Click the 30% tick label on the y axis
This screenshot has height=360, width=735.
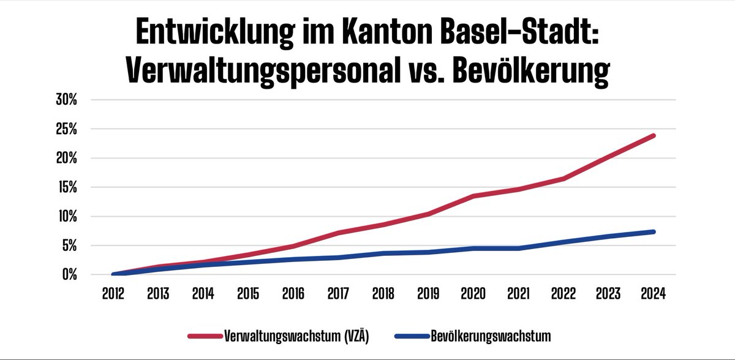[x=66, y=100]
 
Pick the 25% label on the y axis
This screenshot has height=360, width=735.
[x=66, y=129]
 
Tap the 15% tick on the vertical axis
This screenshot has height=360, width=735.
[x=66, y=187]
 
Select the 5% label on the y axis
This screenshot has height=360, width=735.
[x=68, y=246]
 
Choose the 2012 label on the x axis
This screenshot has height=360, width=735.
[x=113, y=293]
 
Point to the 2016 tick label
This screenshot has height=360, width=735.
[x=293, y=293]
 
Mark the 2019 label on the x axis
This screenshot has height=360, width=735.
[x=428, y=293]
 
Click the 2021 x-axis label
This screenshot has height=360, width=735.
[x=519, y=293]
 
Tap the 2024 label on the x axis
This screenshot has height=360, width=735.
[x=654, y=293]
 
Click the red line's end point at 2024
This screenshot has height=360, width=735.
[x=654, y=135]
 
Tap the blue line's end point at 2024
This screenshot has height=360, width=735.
[x=654, y=231]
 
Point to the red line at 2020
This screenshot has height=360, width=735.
[x=473, y=196]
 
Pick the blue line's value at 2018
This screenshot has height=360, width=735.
[x=383, y=253]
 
